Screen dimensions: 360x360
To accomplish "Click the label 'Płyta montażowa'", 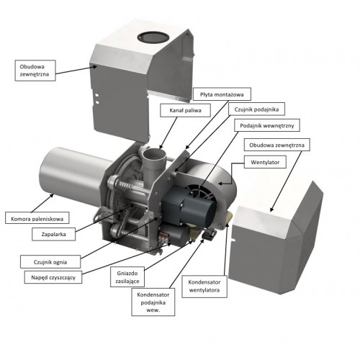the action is point(222,94).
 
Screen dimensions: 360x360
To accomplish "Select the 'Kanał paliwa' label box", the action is point(185,110).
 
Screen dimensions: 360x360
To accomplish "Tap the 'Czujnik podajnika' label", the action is point(256,109).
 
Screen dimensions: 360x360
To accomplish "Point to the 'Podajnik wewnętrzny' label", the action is point(267,125).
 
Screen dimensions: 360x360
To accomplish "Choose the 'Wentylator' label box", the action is point(265,162).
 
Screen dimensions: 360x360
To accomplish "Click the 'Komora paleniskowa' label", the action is point(37,218).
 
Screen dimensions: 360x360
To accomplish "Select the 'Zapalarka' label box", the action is point(53,234).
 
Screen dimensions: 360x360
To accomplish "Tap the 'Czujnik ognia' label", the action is point(50,262).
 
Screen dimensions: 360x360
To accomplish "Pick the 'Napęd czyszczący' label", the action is point(53,277).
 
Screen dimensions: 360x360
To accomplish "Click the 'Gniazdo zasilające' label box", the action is point(127,276).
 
